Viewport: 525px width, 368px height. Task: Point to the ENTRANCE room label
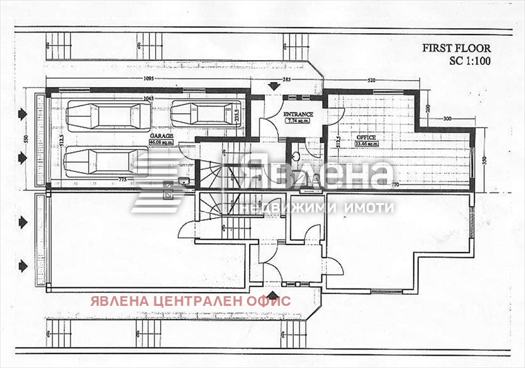(298, 115)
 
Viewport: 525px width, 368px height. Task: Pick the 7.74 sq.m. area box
(298, 121)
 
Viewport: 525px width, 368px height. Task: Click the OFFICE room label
(366, 137)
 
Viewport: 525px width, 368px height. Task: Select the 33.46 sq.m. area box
(366, 144)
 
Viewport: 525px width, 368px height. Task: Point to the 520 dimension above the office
(371, 81)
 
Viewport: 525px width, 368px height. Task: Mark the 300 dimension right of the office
(446, 119)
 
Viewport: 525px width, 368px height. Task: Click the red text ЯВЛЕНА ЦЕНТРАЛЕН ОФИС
(189, 300)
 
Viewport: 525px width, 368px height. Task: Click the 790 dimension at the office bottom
(395, 184)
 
